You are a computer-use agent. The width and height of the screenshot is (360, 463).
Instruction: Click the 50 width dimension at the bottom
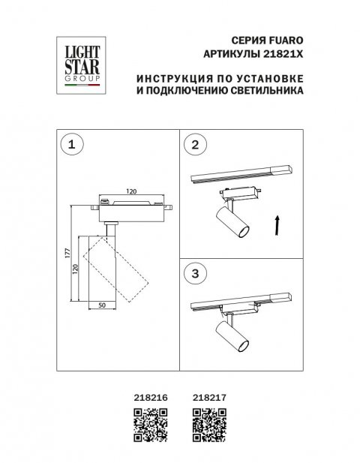pos(102,306)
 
